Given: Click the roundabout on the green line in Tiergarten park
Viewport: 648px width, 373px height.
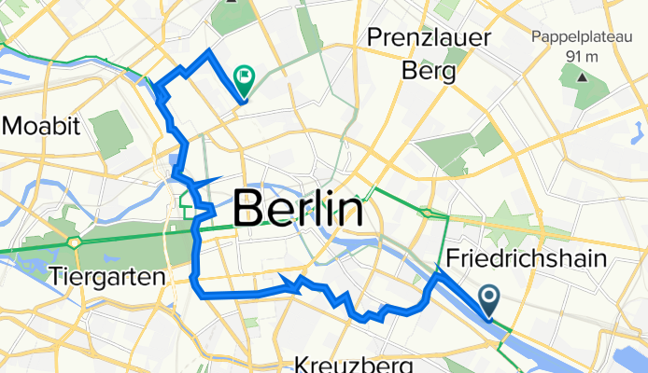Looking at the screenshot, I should [72, 242].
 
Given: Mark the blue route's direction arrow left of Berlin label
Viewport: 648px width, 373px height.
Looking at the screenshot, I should [213, 179].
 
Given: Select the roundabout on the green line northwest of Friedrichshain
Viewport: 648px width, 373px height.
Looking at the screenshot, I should [428, 214].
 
